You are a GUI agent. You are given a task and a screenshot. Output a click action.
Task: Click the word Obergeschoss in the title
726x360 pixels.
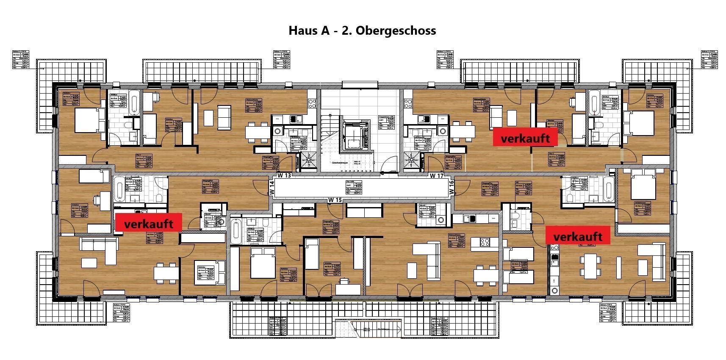(x=396, y=30)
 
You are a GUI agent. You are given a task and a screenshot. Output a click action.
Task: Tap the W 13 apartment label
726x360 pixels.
(x=285, y=175)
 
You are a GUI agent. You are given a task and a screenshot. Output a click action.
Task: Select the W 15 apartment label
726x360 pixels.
(x=335, y=200)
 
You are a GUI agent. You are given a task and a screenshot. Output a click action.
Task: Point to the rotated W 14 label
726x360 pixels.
(x=272, y=188)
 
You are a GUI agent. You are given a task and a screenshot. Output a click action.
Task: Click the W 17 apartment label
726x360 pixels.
(x=436, y=175)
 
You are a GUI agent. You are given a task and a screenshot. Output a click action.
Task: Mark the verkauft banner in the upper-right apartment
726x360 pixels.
(x=525, y=138)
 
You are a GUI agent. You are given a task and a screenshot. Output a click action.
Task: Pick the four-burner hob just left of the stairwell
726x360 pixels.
(x=312, y=102)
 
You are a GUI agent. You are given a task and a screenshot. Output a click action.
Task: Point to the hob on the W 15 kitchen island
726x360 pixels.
(x=485, y=242)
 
